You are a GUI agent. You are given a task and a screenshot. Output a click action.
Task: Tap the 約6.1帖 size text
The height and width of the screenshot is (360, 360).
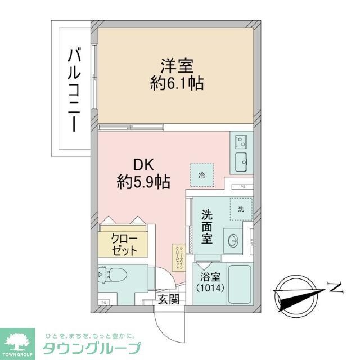[175, 84]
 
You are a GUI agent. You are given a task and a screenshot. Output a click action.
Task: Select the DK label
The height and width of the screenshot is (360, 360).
[144, 165]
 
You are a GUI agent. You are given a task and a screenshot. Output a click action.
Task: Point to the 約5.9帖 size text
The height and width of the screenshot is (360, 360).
[144, 181]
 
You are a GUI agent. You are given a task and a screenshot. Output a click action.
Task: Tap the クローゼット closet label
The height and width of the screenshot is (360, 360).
[123, 243]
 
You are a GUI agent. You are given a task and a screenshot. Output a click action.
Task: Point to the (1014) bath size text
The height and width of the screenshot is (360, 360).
[211, 288]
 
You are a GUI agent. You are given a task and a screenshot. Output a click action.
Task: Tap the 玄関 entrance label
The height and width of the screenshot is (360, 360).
[168, 299]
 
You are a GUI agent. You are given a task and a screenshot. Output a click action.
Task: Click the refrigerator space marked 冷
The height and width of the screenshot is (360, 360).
[201, 174]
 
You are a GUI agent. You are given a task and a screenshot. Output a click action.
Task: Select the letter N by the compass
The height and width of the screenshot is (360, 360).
[336, 289]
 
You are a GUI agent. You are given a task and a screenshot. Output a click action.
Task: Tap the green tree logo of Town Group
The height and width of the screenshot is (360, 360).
[20, 340]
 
